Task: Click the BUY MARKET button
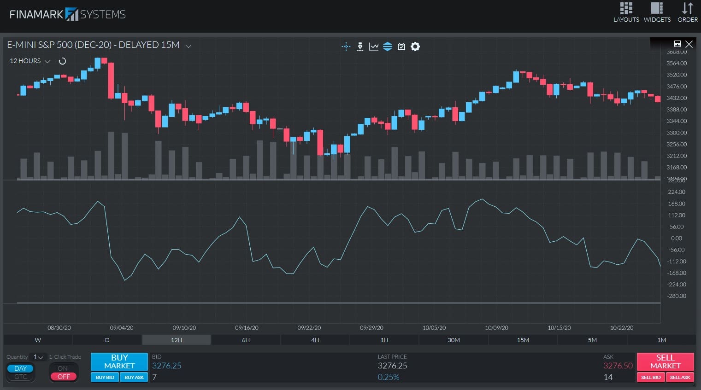pyautogui.click(x=119, y=361)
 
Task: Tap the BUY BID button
pyautogui.click(x=105, y=377)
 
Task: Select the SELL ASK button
pyautogui.click(x=680, y=377)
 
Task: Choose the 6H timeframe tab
pyautogui.click(x=246, y=340)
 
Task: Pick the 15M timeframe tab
pyautogui.click(x=523, y=340)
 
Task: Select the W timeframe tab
pyautogui.click(x=38, y=340)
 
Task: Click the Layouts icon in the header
pyautogui.click(x=626, y=12)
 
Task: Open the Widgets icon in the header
pyautogui.click(x=657, y=12)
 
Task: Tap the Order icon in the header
pyautogui.click(x=687, y=12)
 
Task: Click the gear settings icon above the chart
pyautogui.click(x=415, y=47)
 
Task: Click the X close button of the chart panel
pyautogui.click(x=689, y=44)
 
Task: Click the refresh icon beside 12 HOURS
pyautogui.click(x=62, y=61)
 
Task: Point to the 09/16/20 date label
pyautogui.click(x=247, y=328)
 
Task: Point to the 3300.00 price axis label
pyautogui.click(x=676, y=133)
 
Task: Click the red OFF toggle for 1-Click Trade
pyautogui.click(x=64, y=377)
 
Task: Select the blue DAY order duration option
pyautogui.click(x=21, y=368)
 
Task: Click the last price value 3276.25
pyautogui.click(x=392, y=366)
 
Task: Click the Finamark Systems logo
pyautogui.click(x=68, y=14)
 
